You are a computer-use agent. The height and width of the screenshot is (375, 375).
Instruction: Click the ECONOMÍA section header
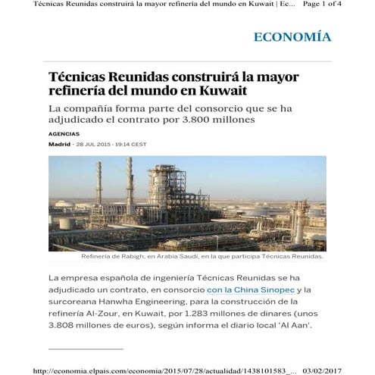click(x=292, y=36)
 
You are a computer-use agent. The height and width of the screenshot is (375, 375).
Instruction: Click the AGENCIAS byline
click(x=64, y=134)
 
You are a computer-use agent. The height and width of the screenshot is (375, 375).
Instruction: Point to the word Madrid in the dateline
click(x=59, y=144)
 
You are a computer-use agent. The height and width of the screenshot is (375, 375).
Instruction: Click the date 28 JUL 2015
click(x=92, y=144)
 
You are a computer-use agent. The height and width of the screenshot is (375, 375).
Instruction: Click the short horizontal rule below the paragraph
click(x=85, y=348)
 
